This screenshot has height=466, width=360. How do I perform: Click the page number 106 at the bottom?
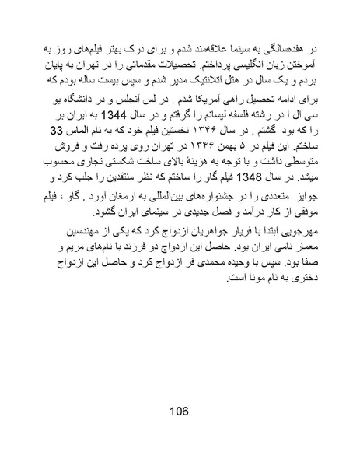click(179, 409)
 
